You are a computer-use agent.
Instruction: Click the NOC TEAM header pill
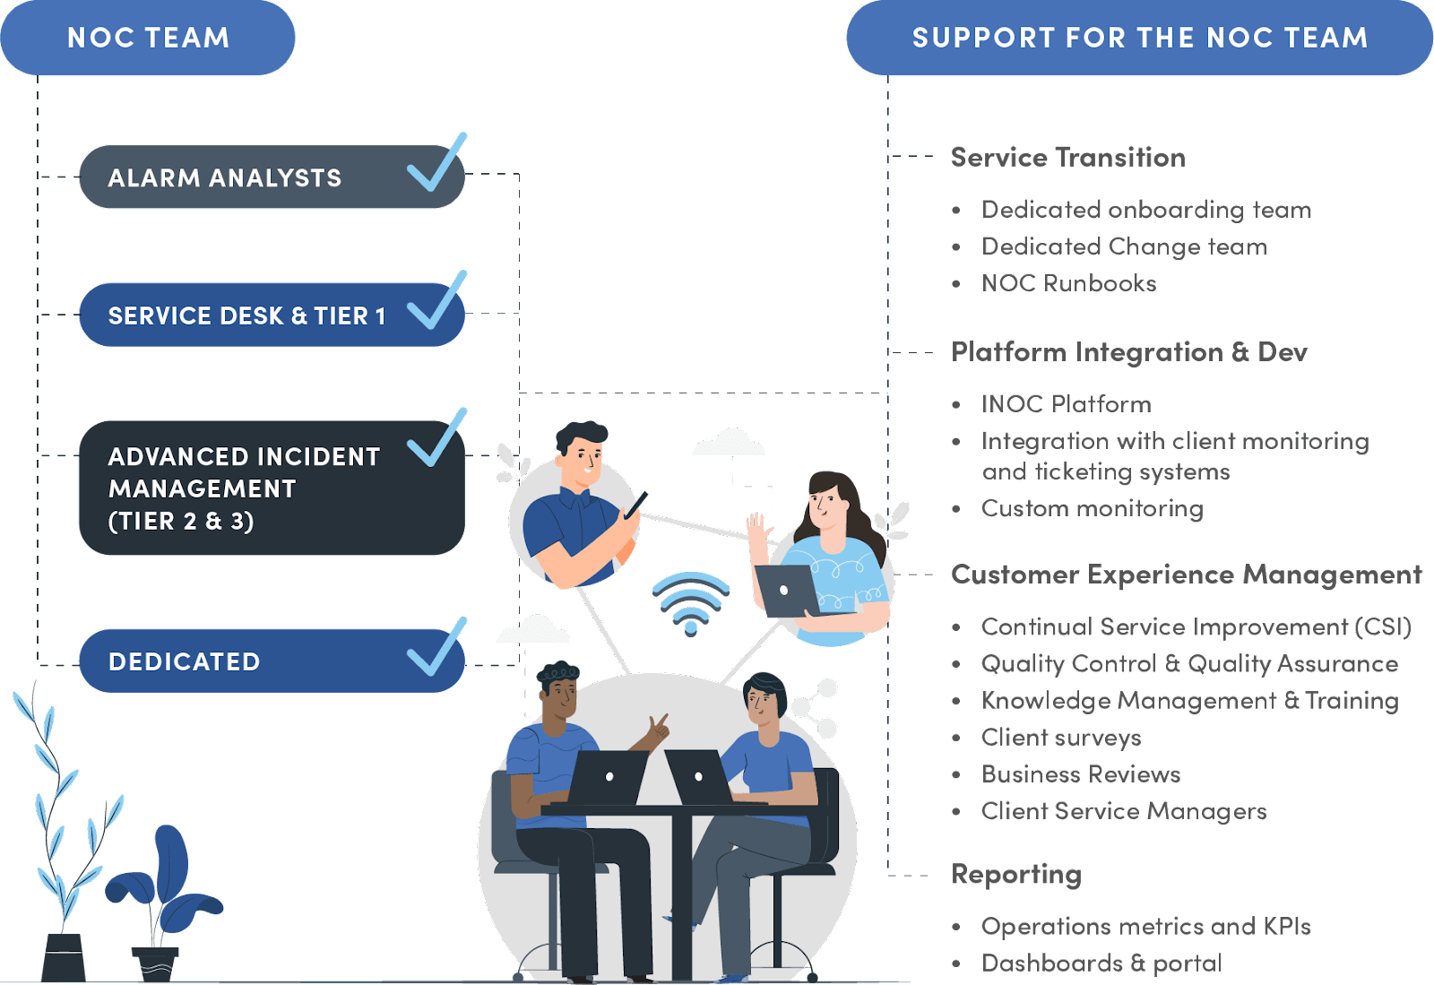pos(148,38)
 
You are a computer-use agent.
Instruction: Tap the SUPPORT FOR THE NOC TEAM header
pos(1139,38)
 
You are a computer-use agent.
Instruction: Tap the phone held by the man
pos(636,505)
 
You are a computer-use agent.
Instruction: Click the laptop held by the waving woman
pos(786,590)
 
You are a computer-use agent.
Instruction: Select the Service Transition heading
pos(1068,158)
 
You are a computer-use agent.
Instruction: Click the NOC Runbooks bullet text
pos(1069,283)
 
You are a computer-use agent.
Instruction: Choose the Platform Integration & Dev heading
pos(1129,351)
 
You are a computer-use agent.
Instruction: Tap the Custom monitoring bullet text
pos(1092,508)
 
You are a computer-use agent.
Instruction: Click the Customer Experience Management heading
pos(1186,575)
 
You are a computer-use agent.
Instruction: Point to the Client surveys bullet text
pos(1061,738)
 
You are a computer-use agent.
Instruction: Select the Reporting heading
pos(1016,874)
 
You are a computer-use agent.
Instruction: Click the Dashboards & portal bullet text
pos(1102,963)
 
